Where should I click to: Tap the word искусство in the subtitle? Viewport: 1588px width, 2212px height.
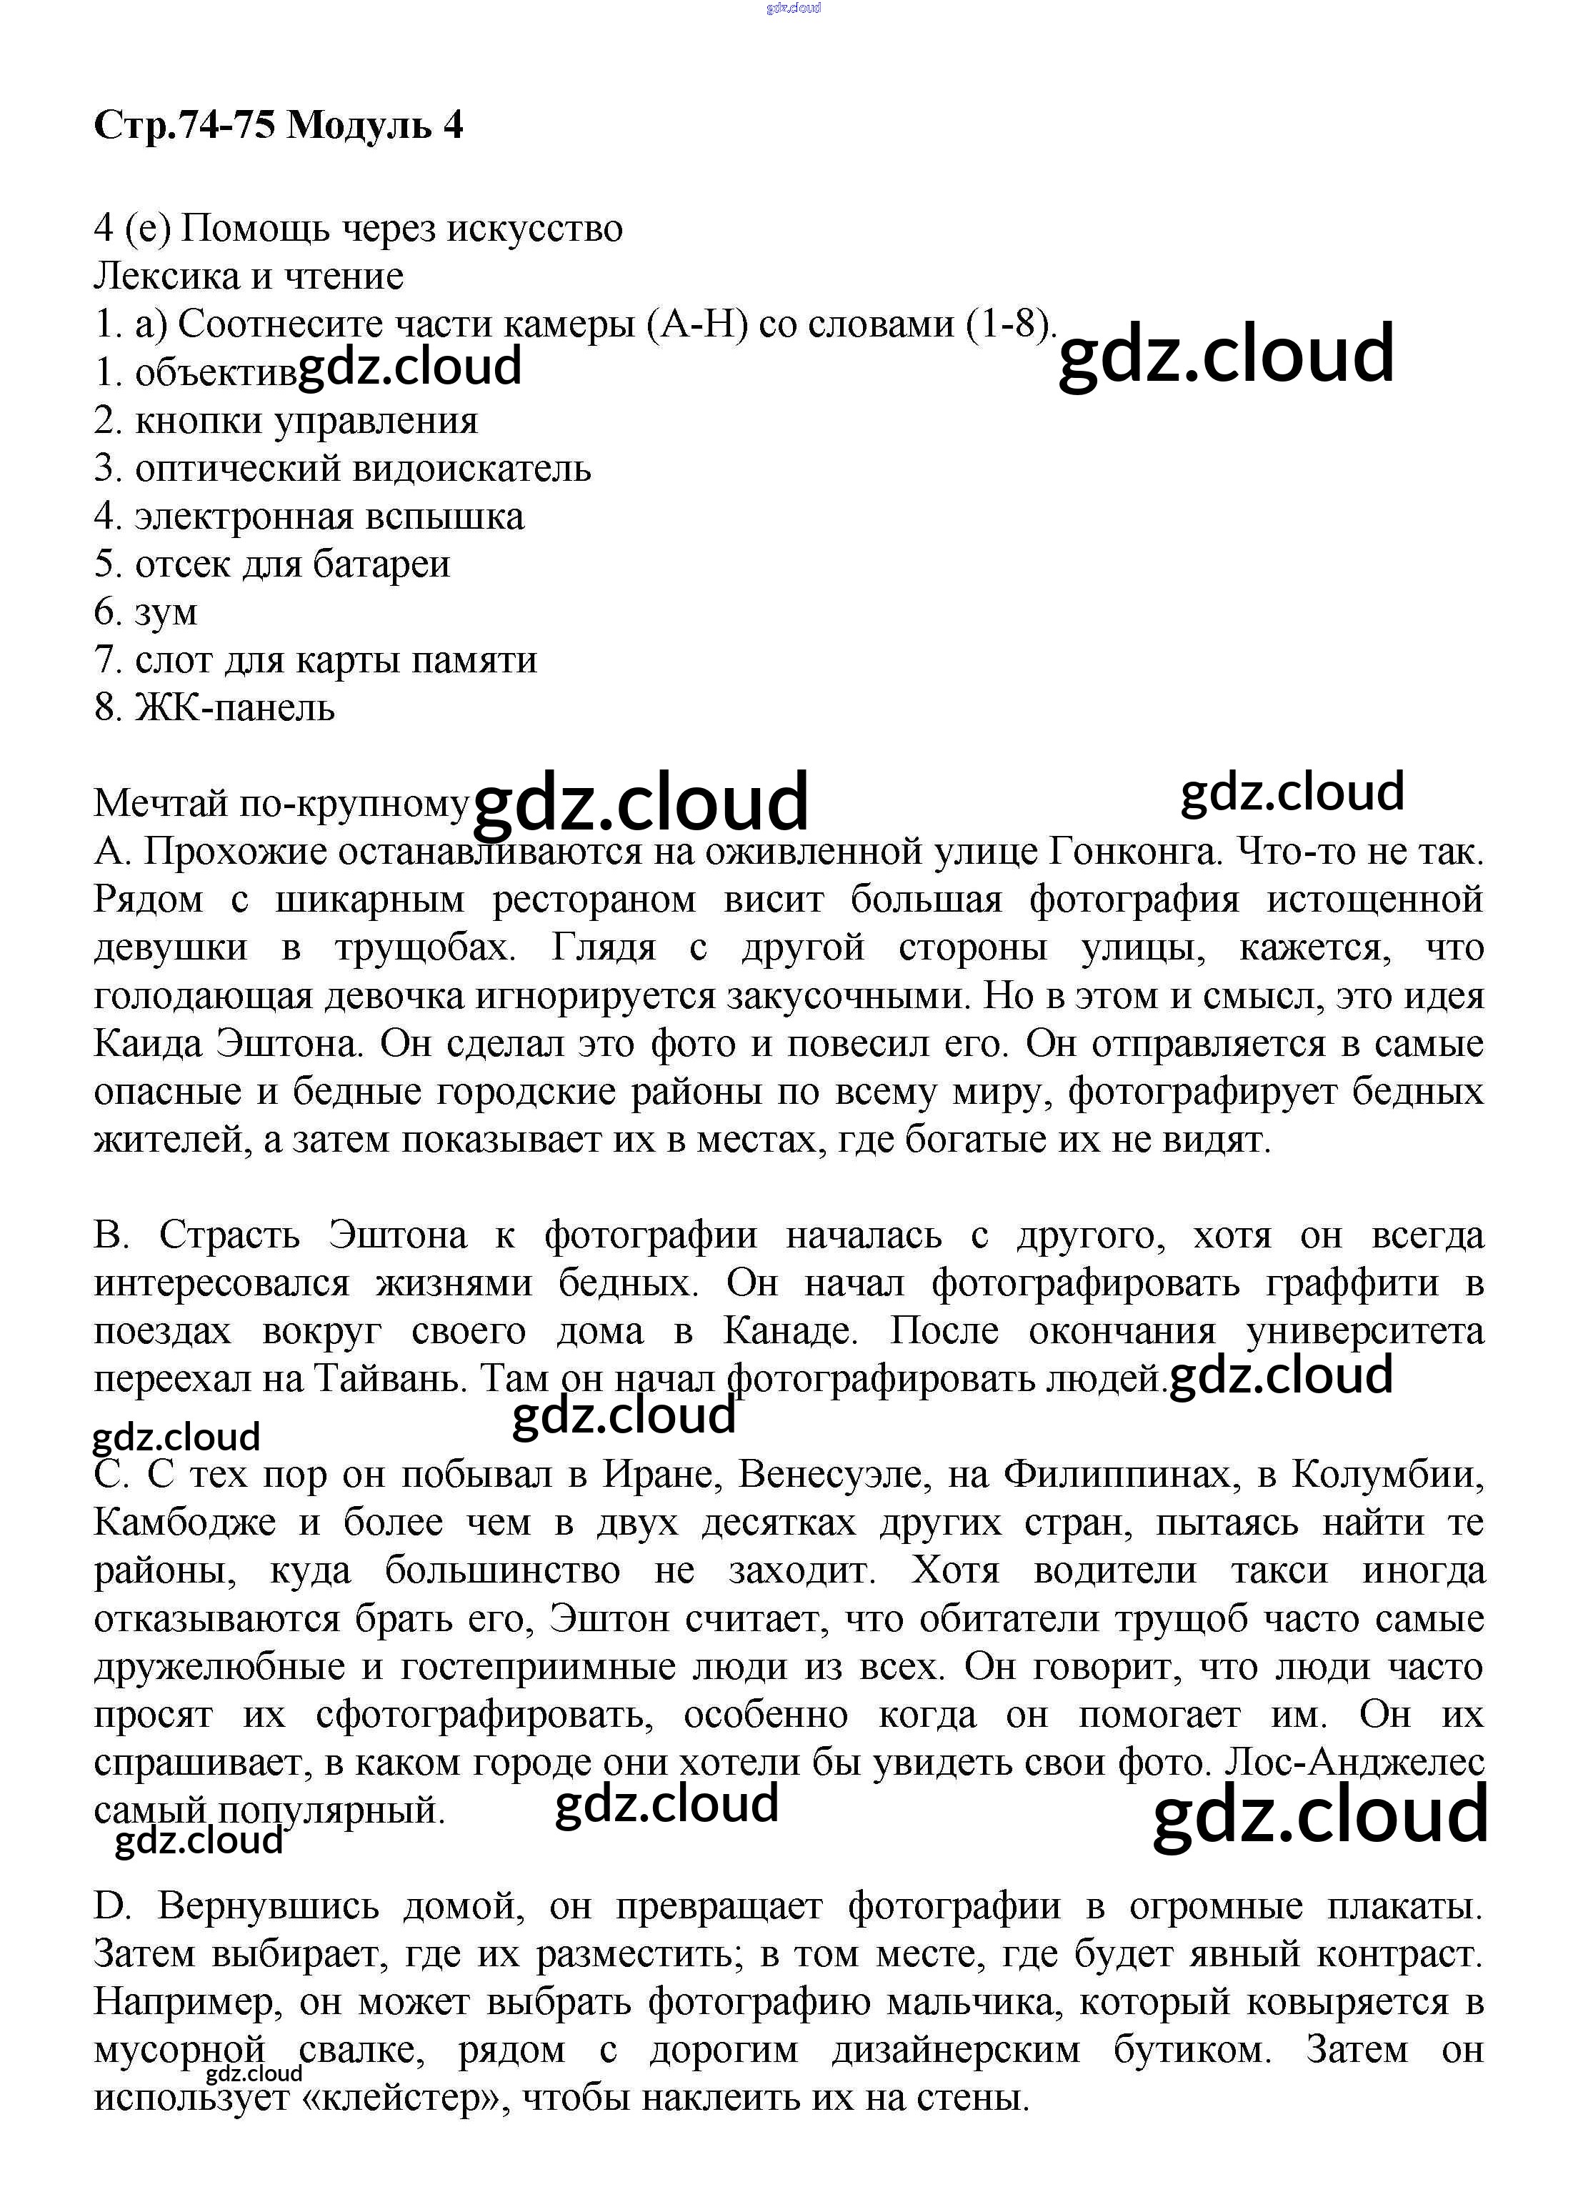(x=534, y=229)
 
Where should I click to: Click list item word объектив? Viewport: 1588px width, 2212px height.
(x=216, y=374)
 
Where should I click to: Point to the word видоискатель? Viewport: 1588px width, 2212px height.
(x=471, y=469)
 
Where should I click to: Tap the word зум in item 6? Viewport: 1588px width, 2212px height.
(x=166, y=612)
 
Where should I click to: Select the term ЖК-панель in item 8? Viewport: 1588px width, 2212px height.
(x=234, y=708)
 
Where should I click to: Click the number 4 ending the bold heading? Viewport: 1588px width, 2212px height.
(x=453, y=126)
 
